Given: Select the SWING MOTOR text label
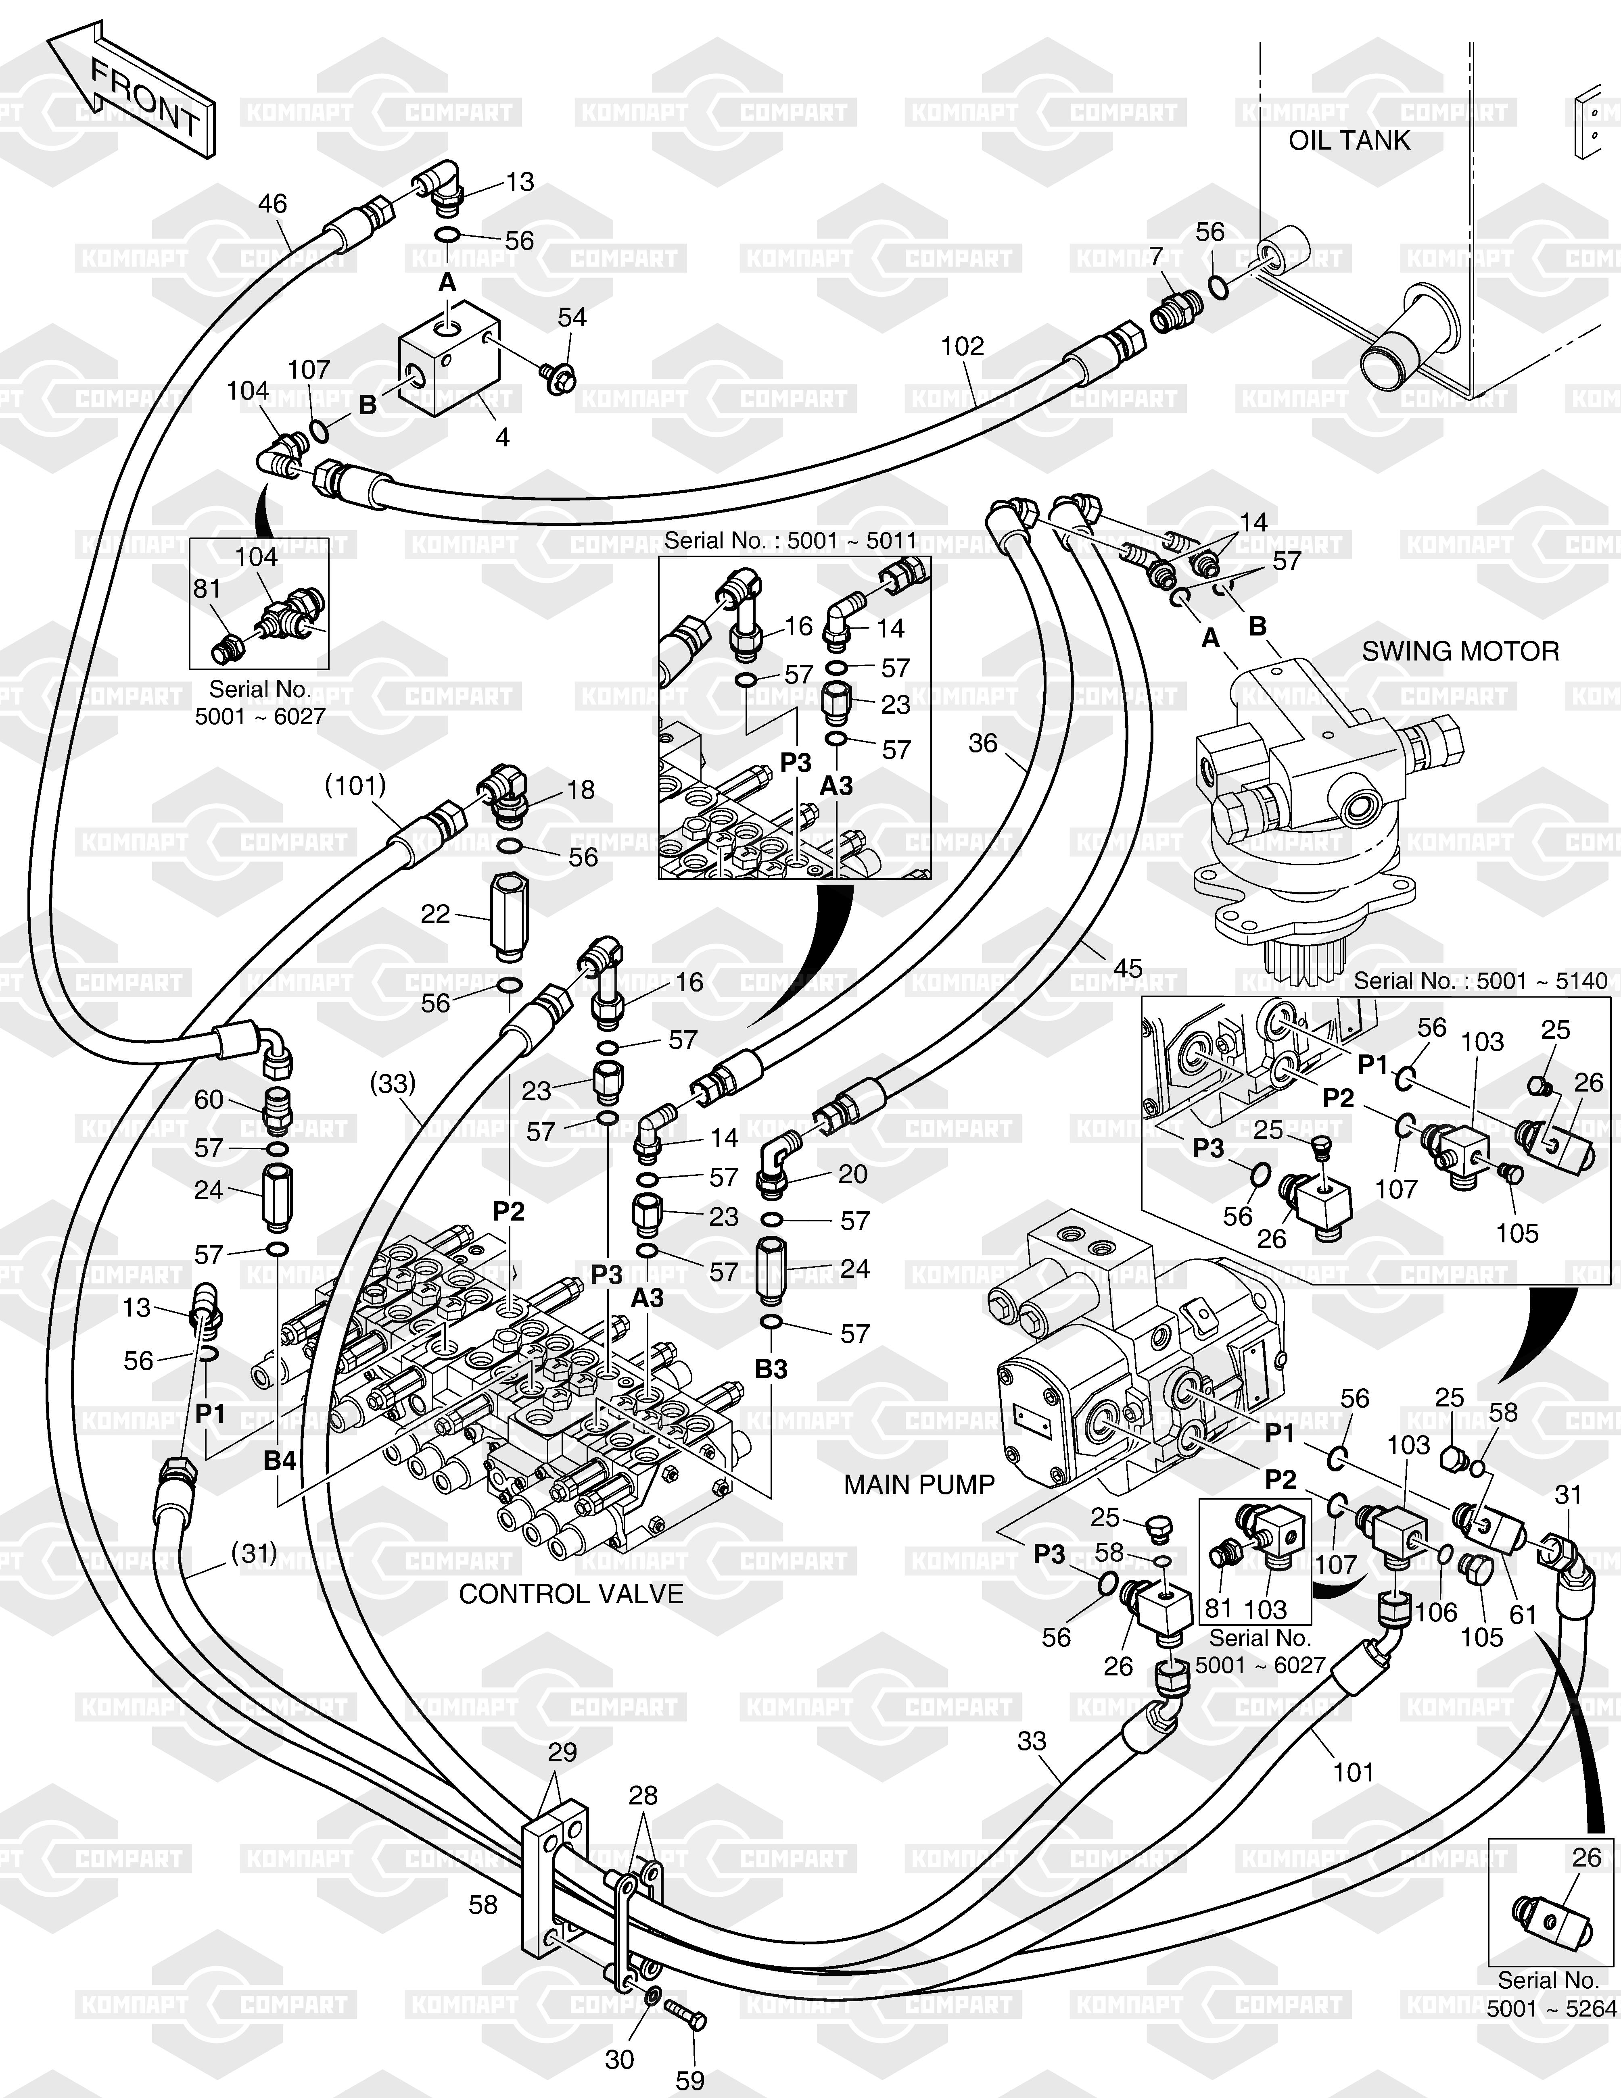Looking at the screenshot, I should coord(1460,651).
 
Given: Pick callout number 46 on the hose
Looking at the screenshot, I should coord(273,204).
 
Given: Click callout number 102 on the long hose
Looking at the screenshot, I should coord(963,347).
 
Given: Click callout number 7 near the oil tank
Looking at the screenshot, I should coord(1156,256).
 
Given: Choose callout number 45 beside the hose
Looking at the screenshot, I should coord(1127,968).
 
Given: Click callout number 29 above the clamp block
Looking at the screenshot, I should coord(562,1752).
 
